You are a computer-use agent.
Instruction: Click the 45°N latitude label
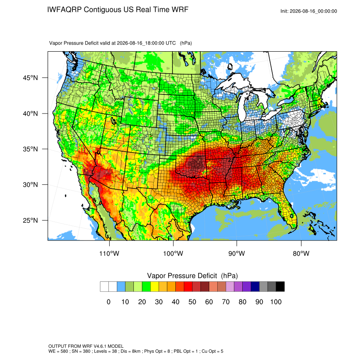click(30, 78)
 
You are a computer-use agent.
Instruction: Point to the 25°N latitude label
click(30, 220)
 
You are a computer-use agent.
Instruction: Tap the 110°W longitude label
click(109, 253)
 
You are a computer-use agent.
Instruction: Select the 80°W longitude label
click(301, 253)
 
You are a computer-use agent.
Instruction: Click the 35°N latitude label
click(30, 149)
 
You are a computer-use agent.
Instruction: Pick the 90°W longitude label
click(236, 253)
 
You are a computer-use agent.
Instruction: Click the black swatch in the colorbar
click(280, 287)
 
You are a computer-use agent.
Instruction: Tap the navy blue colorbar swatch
click(255, 287)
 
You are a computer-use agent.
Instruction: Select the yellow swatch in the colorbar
click(155, 287)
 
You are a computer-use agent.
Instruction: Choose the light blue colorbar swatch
click(121, 287)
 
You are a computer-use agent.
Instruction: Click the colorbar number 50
click(192, 302)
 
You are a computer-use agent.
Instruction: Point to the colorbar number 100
click(276, 302)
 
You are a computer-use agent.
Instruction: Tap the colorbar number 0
click(108, 302)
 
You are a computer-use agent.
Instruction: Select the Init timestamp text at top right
click(309, 11)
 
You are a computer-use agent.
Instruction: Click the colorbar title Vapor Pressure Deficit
click(182, 276)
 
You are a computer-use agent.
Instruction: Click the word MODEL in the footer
click(116, 346)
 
